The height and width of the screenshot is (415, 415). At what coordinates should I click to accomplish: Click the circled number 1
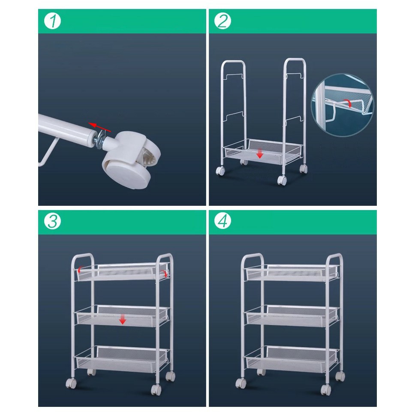[x=52, y=21]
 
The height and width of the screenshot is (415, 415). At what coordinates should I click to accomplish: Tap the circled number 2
[x=223, y=21]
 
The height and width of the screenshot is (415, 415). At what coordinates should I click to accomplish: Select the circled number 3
[x=52, y=221]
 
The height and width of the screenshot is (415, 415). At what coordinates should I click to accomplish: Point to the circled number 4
[x=223, y=221]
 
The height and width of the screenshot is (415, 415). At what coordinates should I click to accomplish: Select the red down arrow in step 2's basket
[x=260, y=153]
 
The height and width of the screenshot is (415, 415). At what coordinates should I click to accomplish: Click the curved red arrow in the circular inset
[x=347, y=103]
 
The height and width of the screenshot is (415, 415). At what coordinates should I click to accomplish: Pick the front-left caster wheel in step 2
[x=220, y=171]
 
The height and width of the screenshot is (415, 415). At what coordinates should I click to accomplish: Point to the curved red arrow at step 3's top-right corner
[x=165, y=273]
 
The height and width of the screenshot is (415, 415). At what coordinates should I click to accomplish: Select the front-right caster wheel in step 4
[x=325, y=390]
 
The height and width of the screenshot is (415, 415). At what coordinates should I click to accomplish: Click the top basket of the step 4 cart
[x=292, y=273]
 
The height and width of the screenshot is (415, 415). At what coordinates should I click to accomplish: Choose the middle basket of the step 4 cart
[x=292, y=316]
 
